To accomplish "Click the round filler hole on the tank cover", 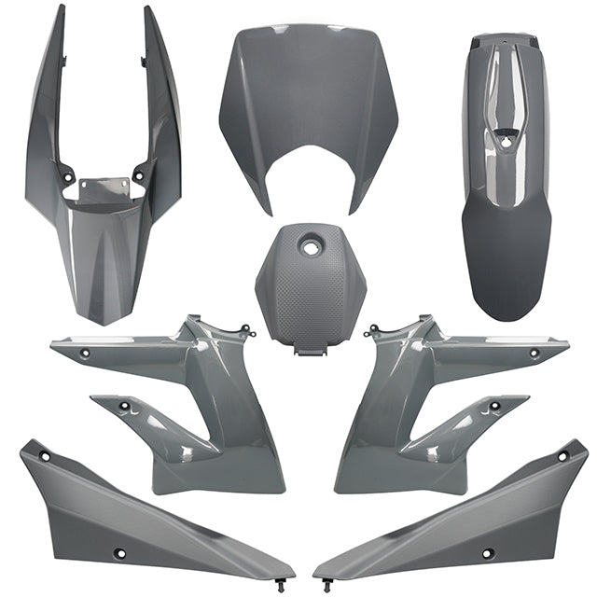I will (307, 247).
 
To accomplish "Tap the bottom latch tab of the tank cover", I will (305, 353).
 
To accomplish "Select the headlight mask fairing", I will (309, 103).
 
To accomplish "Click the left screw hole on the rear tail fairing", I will (68, 174).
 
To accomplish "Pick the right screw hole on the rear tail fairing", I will (139, 174).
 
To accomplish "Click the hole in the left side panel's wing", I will (85, 354).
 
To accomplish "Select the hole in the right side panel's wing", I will (535, 354).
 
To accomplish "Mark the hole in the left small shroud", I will (124, 407).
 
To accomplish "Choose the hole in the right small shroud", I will (494, 407).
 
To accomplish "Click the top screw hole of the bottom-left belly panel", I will (44, 456).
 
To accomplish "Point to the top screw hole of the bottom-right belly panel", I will (562, 456).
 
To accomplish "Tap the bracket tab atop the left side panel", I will (244, 329).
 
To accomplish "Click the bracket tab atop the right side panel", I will (373, 329).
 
